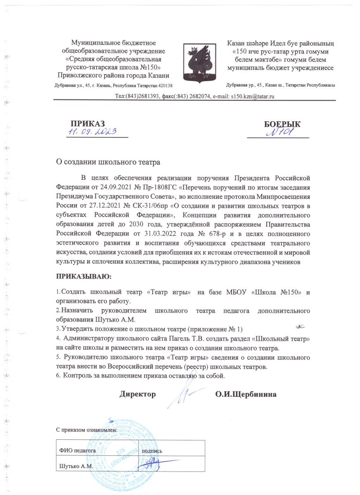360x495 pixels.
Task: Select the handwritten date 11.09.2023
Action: (x=92, y=132)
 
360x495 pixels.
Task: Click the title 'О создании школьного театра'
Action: (x=108, y=162)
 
